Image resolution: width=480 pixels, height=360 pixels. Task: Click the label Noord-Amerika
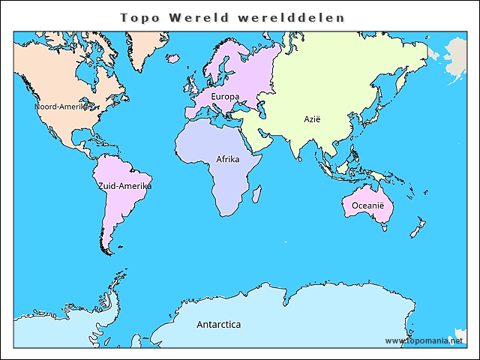point(61,106)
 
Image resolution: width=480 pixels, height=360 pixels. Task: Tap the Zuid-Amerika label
point(124,185)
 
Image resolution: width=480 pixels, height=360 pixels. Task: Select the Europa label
point(225,97)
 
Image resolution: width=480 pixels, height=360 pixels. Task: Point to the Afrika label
point(228,160)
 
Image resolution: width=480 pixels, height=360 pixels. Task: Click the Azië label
point(311,118)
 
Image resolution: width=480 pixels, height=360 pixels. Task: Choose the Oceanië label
point(367,205)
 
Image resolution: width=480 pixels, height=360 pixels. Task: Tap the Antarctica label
point(218,325)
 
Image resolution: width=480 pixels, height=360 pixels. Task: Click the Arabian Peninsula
point(259,139)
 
